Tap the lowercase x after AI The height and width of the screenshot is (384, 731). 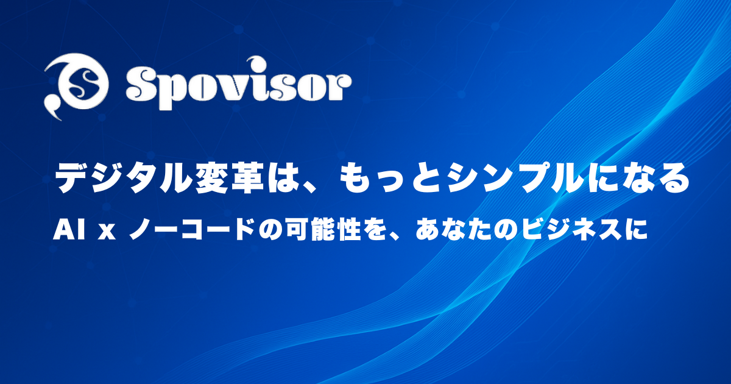107,232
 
